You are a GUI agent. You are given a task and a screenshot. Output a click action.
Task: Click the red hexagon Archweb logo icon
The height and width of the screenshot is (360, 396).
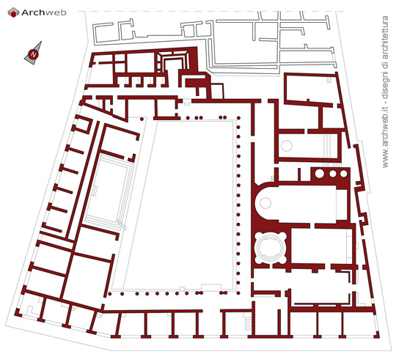[13, 12]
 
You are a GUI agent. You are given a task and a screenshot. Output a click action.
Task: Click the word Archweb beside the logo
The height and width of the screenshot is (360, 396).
[44, 12]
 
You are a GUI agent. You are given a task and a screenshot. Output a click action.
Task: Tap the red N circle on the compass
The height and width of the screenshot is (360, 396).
[33, 54]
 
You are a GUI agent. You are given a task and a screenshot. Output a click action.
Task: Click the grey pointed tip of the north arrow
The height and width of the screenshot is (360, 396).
[41, 42]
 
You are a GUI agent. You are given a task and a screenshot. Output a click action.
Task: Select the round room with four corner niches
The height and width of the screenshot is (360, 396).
[271, 248]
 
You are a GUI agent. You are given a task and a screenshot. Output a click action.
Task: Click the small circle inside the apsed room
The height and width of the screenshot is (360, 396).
[265, 203]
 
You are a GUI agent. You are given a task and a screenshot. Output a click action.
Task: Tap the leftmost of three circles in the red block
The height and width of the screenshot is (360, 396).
[319, 174]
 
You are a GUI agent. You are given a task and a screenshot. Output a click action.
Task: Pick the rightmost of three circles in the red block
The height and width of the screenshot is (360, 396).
[343, 174]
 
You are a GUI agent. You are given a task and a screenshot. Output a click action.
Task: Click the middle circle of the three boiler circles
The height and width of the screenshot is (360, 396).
[333, 174]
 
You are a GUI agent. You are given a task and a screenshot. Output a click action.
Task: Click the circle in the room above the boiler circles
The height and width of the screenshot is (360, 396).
[287, 146]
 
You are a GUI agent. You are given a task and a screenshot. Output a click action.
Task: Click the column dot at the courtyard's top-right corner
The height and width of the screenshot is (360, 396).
[238, 118]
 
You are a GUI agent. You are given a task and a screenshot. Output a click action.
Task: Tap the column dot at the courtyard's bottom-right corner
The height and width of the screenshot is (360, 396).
[238, 293]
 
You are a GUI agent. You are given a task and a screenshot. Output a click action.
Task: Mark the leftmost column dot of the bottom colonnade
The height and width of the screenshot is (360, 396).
[109, 294]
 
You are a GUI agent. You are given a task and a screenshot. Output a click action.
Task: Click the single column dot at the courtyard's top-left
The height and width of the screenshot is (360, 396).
[142, 119]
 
